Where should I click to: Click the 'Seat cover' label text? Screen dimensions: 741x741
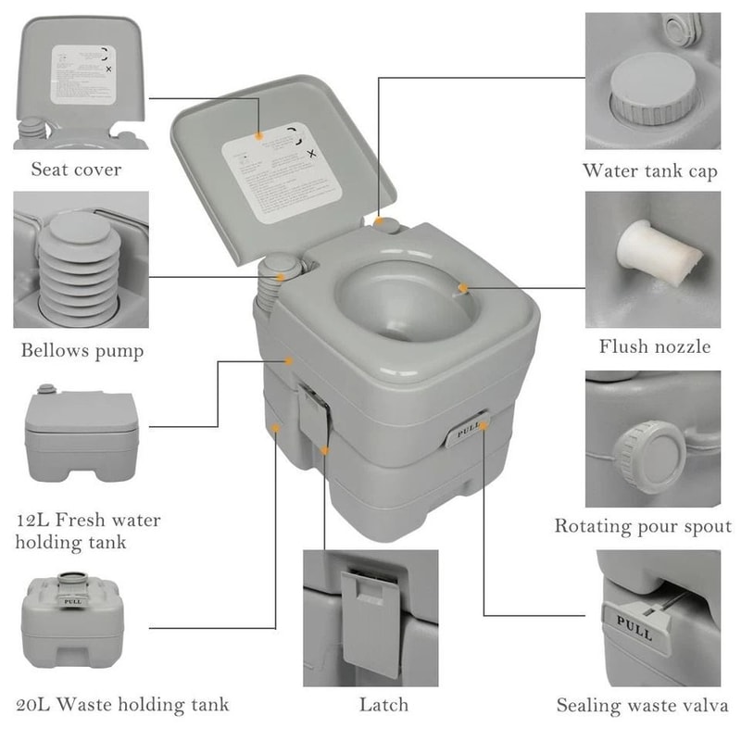tap(76, 170)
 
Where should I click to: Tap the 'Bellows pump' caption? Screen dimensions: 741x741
tap(82, 351)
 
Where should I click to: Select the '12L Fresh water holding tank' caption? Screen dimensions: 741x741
tap(87, 530)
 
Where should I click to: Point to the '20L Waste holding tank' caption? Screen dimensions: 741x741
tap(121, 705)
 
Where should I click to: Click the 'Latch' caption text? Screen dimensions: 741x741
tap(383, 705)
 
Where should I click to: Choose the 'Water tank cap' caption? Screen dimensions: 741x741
tap(649, 171)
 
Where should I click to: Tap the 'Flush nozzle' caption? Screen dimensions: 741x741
tap(654, 347)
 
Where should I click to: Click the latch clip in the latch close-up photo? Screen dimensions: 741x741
tap(371, 616)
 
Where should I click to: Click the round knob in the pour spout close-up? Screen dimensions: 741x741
tap(650, 453)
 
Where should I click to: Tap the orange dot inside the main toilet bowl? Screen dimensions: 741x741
tap(463, 289)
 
